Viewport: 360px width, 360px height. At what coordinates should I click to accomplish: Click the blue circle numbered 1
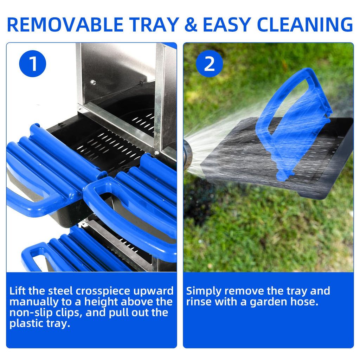pos(33,64)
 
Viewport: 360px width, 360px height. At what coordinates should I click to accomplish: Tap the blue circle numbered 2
pos(210,64)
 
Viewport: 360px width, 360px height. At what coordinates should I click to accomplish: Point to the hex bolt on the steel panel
pos(93,82)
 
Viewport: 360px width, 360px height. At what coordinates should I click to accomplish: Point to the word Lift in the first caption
pos(18,291)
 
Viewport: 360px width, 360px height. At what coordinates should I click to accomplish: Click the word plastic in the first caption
pos(26,323)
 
